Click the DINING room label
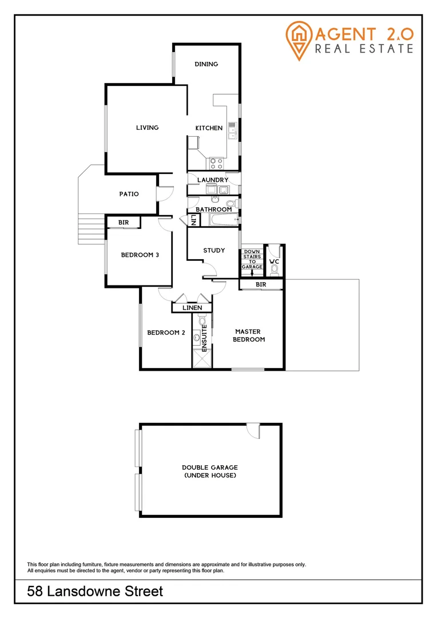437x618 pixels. click(206, 64)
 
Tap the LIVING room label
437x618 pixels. click(147, 128)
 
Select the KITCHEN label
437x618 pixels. click(209, 128)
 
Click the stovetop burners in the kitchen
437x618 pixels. click(216, 164)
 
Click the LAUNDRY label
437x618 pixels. click(213, 180)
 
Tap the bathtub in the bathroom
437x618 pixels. click(223, 220)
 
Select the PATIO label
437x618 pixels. click(129, 194)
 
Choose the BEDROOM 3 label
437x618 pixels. click(140, 255)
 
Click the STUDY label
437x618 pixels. click(214, 251)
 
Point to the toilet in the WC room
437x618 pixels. click(275, 267)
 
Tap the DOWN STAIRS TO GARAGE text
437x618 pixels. click(252, 259)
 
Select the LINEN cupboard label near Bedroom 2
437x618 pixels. click(192, 308)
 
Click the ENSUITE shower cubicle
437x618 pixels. click(202, 359)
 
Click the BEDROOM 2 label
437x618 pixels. click(166, 333)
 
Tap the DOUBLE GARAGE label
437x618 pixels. click(210, 471)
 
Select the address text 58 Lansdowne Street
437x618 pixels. click(95, 592)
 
